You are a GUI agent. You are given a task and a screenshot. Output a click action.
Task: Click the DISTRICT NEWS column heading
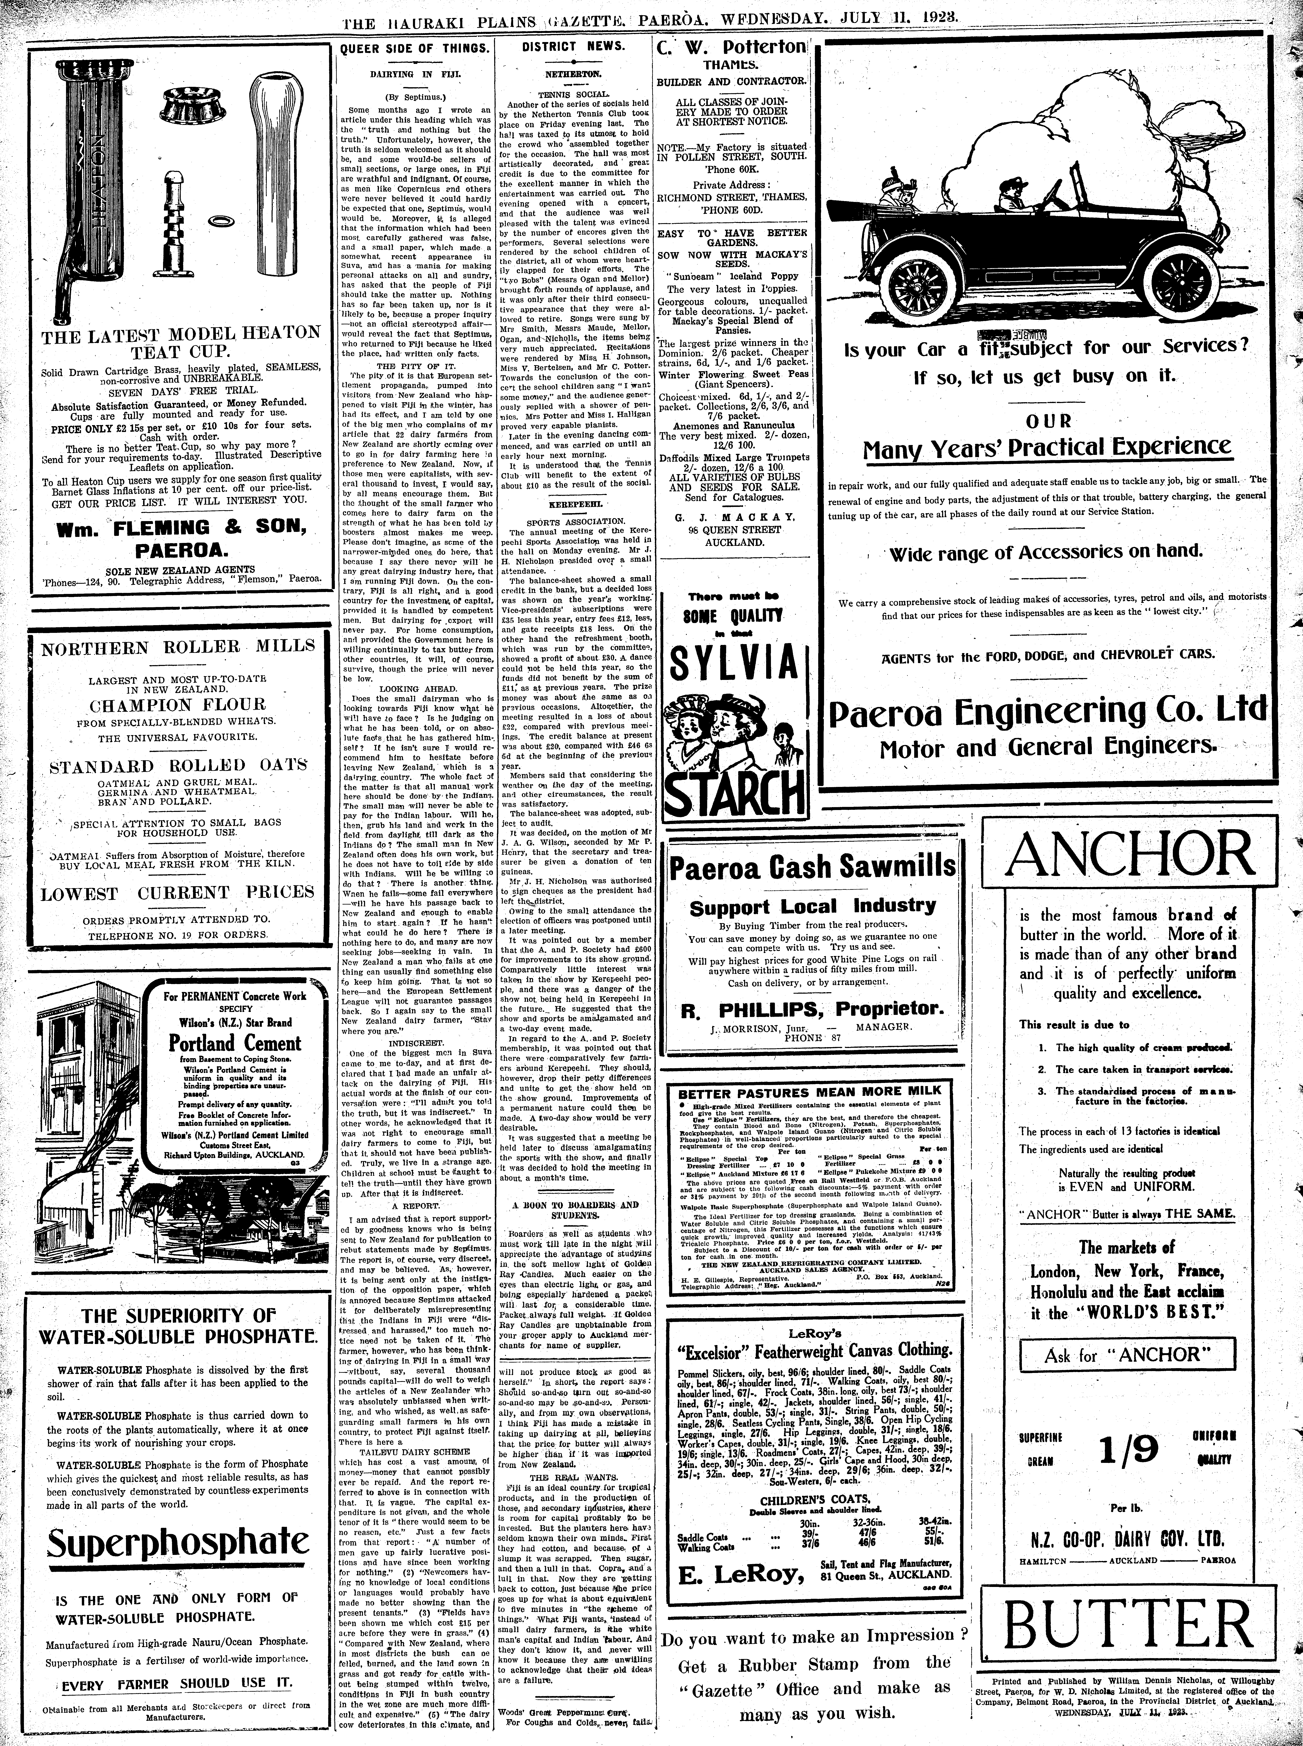click(x=574, y=46)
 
